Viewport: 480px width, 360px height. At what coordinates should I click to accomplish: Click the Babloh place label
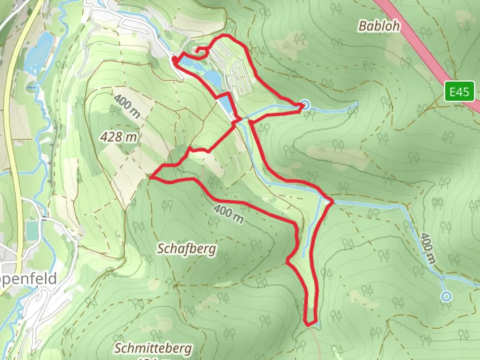point(379,26)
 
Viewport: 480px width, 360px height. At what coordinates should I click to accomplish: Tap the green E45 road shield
point(459,92)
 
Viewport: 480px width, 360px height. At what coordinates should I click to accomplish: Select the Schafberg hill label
point(186,249)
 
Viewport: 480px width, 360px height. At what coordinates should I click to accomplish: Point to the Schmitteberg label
point(153,349)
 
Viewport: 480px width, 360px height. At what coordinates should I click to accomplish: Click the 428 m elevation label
point(119,137)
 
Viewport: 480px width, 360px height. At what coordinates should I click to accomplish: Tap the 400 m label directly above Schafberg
point(229,214)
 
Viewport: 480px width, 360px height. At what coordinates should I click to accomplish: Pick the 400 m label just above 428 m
point(127,106)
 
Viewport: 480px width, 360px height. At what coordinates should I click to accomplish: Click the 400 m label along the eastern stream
point(427,247)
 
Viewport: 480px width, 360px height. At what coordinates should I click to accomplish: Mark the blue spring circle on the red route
point(305,106)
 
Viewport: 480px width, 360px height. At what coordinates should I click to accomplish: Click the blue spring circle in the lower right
point(446,296)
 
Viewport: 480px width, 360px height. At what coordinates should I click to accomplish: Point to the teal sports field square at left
point(32,228)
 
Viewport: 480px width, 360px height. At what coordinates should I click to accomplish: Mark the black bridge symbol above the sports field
point(45,219)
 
